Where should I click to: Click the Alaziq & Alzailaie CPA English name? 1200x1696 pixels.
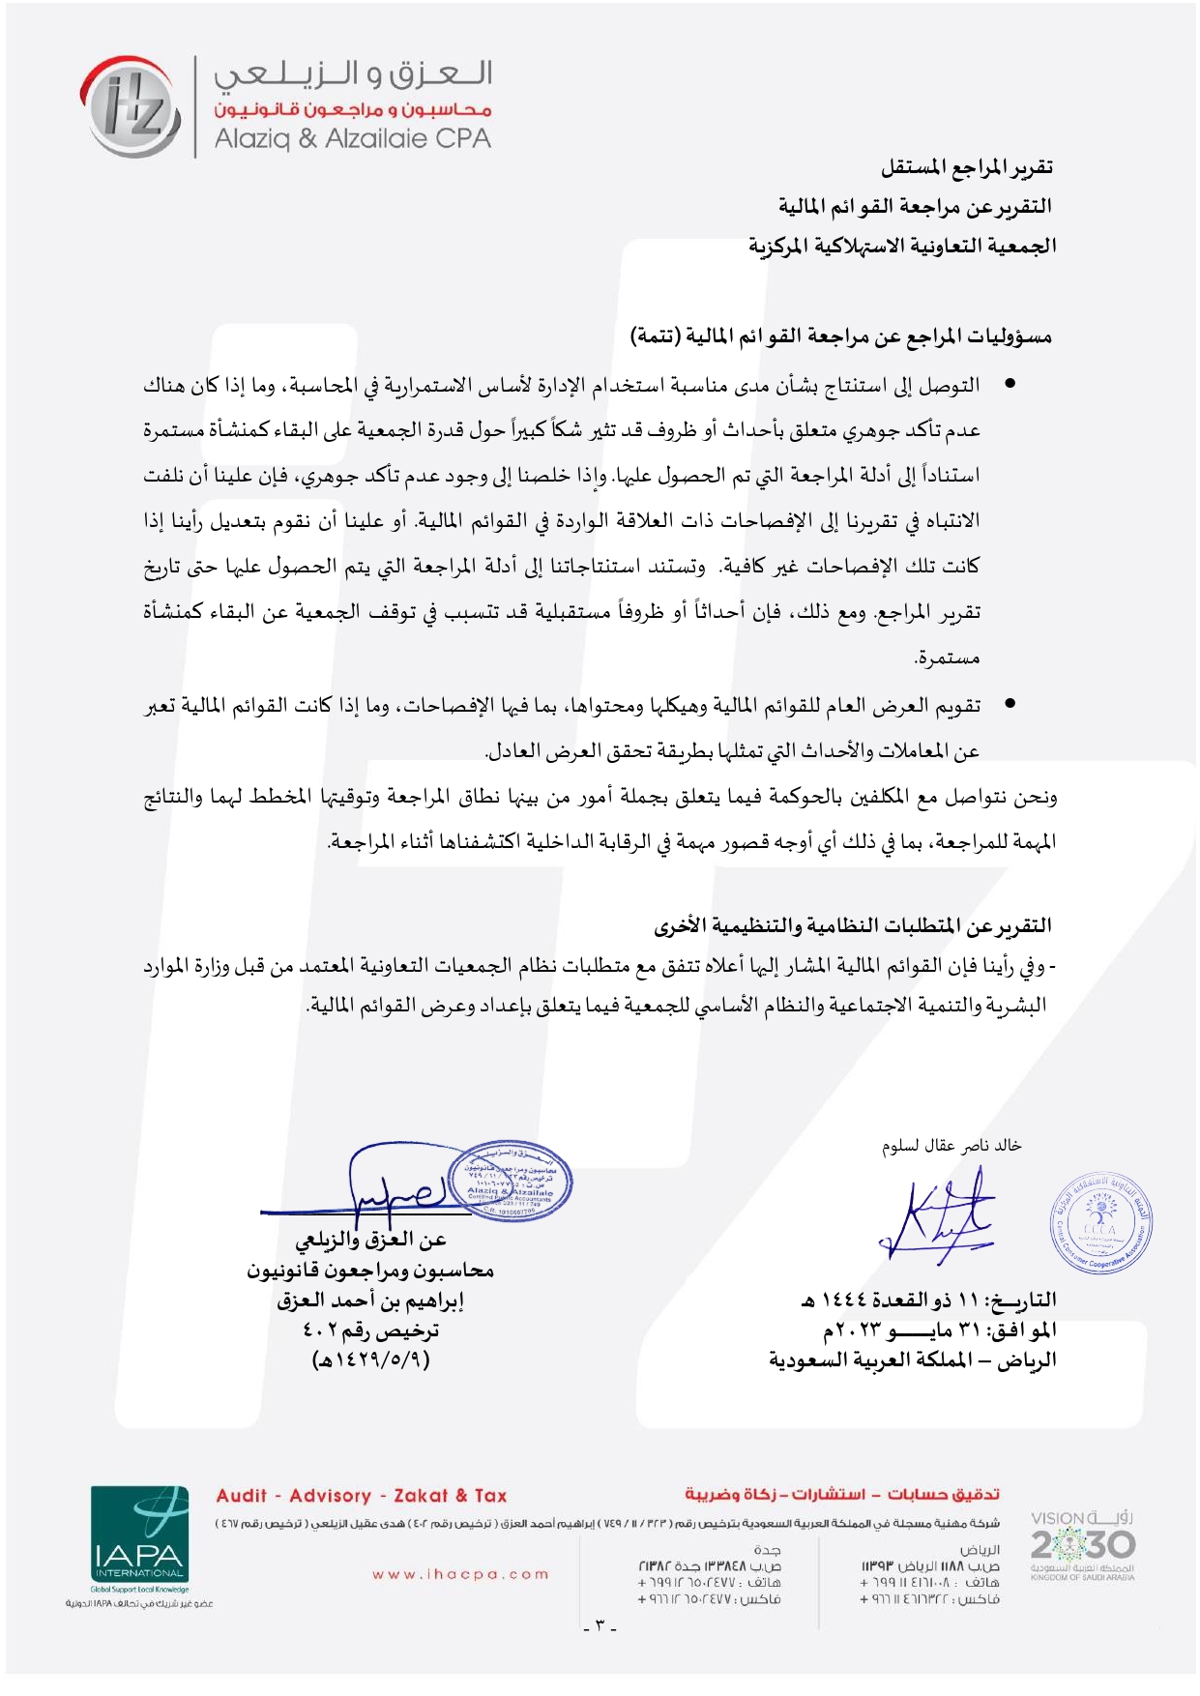352,139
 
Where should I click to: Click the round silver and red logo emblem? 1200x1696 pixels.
131,106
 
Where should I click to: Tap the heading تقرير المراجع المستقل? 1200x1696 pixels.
966,168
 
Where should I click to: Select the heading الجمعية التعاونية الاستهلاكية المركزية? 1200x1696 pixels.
902,246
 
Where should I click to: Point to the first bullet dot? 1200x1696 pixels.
1010,385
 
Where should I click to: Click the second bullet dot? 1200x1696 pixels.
1010,705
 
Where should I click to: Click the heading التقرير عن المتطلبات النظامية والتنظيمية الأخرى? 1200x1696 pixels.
853,926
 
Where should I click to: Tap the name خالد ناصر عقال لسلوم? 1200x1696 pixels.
951,1146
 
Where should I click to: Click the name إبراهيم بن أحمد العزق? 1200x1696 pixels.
370,1301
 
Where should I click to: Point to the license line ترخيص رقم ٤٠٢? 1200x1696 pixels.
370,1331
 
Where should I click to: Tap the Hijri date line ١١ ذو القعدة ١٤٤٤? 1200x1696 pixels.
928,1301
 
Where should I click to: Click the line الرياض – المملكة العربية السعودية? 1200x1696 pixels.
913,1360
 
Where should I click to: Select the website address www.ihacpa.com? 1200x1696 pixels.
460,1574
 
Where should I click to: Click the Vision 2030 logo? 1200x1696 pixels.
1082,1544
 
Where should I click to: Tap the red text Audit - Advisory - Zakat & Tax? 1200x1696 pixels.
362,1496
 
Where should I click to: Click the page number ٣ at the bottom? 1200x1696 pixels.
600,1624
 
